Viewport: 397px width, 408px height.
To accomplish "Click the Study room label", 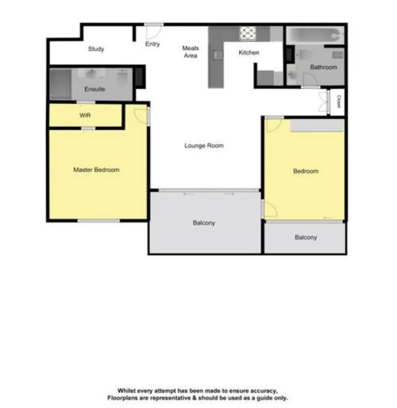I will [96, 49].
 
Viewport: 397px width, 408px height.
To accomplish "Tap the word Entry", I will [152, 44].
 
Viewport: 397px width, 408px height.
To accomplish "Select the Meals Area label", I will [190, 52].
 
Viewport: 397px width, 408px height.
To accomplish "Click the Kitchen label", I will [249, 52].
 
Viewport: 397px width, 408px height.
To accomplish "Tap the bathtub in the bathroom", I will [314, 35].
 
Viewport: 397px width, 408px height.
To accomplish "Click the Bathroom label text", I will [323, 67].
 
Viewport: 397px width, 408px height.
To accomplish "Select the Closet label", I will [338, 101].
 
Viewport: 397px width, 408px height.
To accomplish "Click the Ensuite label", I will [94, 89].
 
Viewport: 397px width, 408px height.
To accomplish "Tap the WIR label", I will [85, 115].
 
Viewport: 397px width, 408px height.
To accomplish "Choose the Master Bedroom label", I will [96, 170].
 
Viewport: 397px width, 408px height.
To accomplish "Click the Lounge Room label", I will [204, 146].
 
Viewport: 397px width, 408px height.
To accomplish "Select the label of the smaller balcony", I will [306, 237].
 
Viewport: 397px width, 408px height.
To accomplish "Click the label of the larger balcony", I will [204, 223].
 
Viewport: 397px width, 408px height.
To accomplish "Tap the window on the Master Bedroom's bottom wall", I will [99, 221].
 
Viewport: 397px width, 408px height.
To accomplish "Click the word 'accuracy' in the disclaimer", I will [263, 391].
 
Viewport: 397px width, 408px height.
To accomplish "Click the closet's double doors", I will [323, 101].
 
